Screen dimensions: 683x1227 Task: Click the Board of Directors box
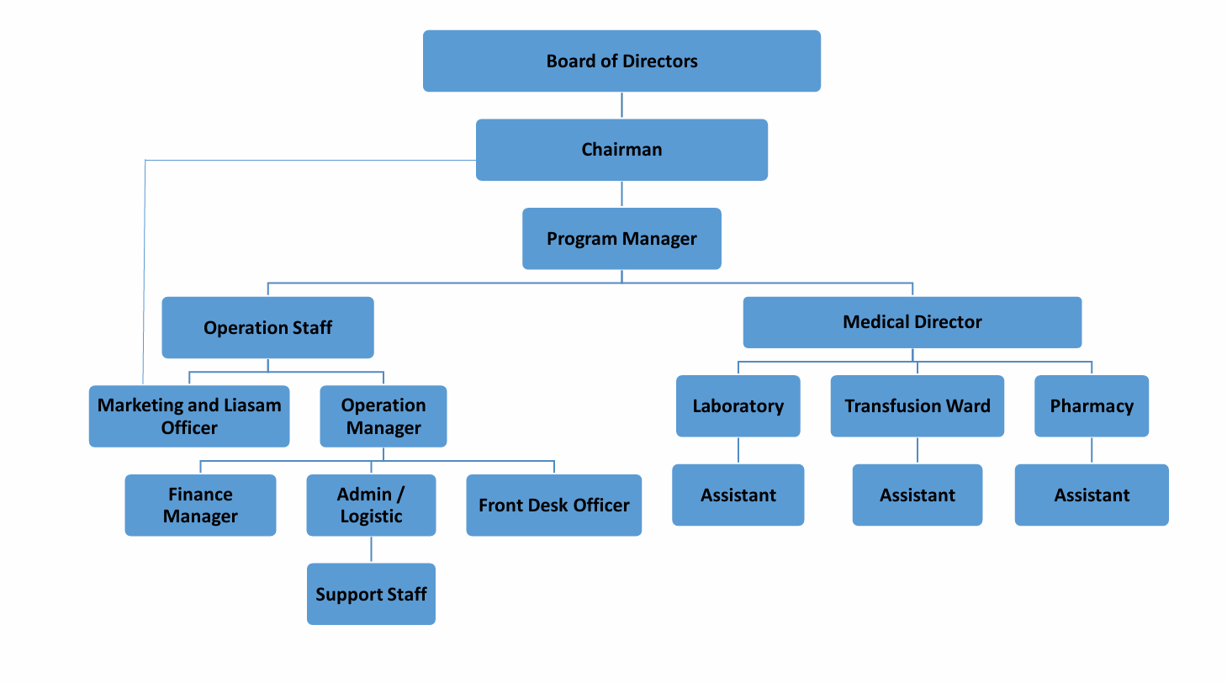(621, 61)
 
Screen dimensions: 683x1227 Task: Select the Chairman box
(621, 150)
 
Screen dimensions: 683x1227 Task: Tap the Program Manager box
(621, 238)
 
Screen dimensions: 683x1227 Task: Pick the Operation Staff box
(267, 327)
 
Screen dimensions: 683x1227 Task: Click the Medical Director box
(912, 322)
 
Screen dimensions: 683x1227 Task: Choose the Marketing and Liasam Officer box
(189, 416)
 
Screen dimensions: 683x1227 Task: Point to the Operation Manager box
(383, 416)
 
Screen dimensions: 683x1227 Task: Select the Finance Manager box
(200, 505)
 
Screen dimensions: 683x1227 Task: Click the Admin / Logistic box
(371, 505)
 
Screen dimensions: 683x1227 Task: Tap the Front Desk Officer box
(553, 505)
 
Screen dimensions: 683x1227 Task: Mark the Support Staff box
(371, 594)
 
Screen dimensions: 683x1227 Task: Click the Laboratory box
(738, 406)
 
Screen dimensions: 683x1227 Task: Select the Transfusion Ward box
(917, 406)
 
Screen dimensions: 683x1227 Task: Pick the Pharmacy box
(1091, 406)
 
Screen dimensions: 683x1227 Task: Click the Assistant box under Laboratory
(738, 495)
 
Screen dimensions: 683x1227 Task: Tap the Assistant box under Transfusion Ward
(917, 495)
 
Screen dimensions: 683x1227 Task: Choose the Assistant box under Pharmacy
(1091, 495)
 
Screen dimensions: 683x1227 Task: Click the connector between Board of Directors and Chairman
(621, 105)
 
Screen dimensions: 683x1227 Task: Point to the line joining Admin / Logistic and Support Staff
(371, 549)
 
